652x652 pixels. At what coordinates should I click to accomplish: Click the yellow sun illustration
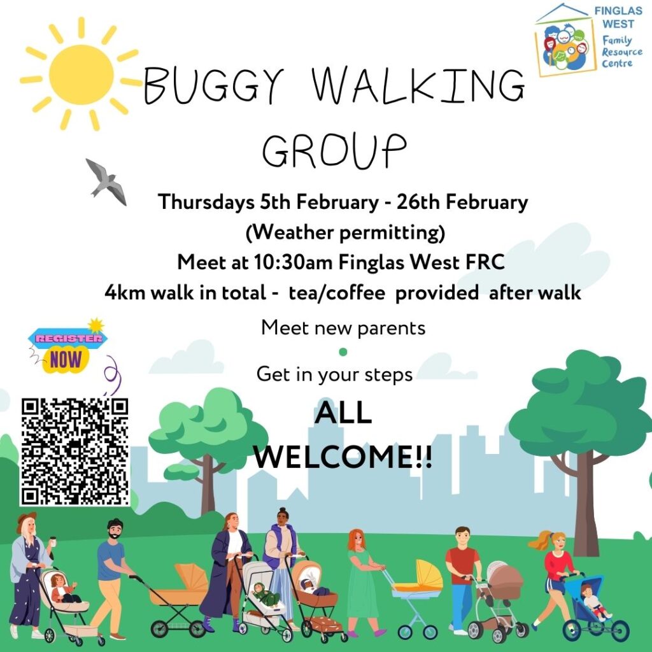click(x=81, y=75)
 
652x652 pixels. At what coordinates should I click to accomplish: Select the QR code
click(x=75, y=452)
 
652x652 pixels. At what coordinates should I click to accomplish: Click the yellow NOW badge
click(x=66, y=359)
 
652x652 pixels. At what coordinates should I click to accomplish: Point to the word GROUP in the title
click(x=334, y=150)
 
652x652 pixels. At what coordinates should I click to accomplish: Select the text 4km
click(x=125, y=292)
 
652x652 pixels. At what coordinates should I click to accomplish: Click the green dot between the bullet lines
click(x=343, y=351)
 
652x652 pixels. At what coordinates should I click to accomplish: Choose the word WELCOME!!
click(x=343, y=457)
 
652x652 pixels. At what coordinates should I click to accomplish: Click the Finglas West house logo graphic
click(x=565, y=40)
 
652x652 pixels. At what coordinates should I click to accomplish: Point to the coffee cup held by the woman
click(x=53, y=541)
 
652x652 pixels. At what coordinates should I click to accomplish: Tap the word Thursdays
click(x=206, y=202)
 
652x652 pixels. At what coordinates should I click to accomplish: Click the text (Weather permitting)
click(x=345, y=232)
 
